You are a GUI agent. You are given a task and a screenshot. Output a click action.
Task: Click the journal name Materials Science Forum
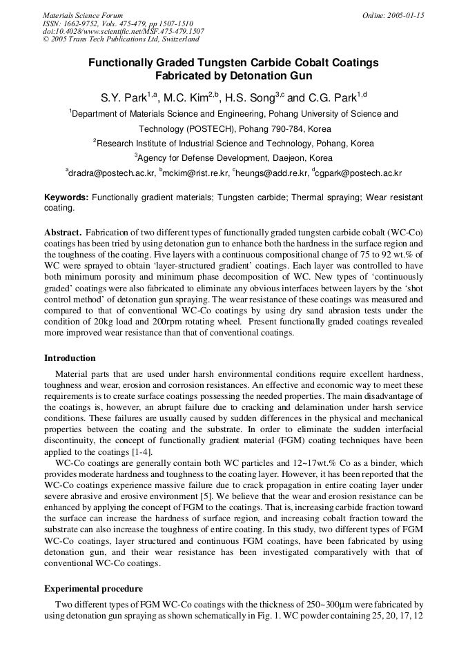83,15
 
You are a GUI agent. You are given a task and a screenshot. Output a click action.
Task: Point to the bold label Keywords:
66,197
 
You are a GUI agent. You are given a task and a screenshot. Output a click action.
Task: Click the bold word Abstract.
63,233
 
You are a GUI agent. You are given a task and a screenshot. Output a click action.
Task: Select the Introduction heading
70,358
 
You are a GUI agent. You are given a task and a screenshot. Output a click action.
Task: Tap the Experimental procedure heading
93,589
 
